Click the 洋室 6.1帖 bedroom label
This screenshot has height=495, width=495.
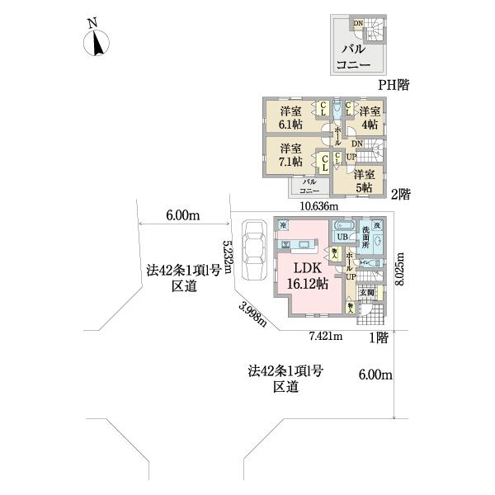coord(289,117)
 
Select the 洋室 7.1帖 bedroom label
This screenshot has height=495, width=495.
coord(289,154)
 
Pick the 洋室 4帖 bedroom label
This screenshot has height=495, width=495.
coord(369,117)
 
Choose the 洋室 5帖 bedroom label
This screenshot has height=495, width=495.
coord(365,180)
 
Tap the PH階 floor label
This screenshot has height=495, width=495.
coord(394,84)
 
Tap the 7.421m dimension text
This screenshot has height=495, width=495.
coord(326,336)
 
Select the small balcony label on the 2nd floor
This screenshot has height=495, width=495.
coord(310,185)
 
